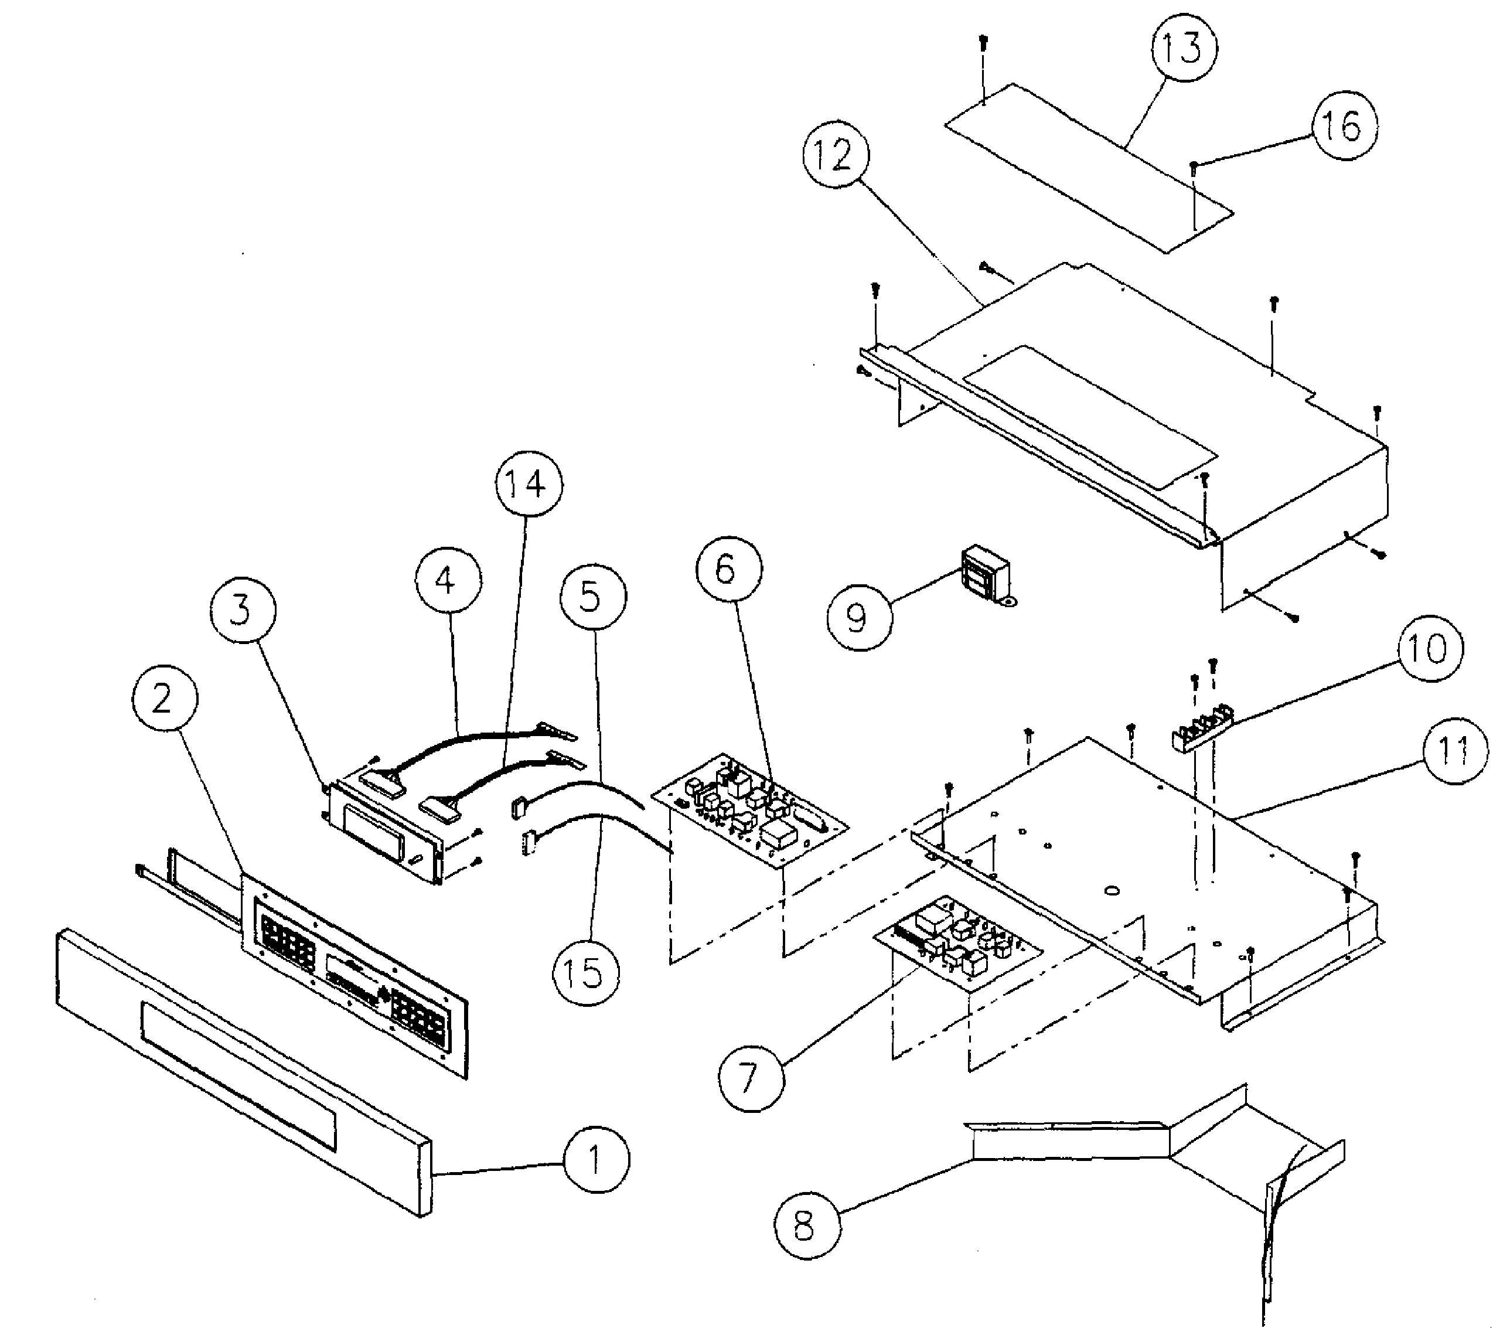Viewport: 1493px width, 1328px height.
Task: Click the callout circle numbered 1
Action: tap(595, 1160)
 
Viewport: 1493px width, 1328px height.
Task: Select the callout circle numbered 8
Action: tap(806, 1225)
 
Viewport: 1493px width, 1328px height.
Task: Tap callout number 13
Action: tap(1183, 48)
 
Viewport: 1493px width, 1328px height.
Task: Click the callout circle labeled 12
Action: tap(835, 155)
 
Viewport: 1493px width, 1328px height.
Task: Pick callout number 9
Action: tap(859, 617)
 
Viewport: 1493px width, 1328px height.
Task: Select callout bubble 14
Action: tap(529, 483)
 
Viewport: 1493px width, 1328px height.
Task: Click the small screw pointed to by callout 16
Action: tap(1193, 166)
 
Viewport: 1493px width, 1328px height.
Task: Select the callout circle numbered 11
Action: tap(1454, 751)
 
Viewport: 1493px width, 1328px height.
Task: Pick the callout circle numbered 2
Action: tap(163, 699)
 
